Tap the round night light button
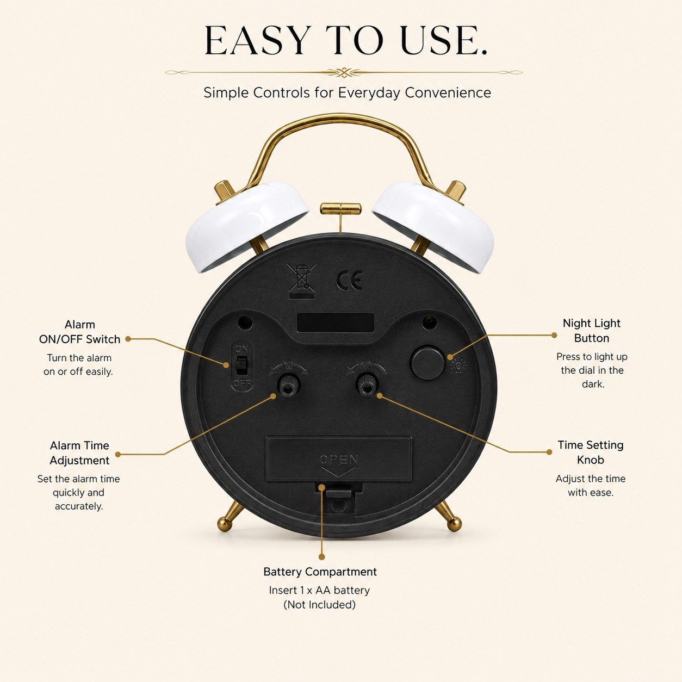[x=427, y=363]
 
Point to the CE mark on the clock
[x=349, y=281]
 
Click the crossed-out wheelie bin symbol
[x=301, y=281]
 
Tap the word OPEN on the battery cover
[x=339, y=460]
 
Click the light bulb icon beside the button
[x=458, y=364]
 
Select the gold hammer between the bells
[x=340, y=209]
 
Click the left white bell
[x=246, y=226]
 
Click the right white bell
[x=433, y=226]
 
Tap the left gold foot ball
[x=225, y=523]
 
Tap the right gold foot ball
[x=455, y=523]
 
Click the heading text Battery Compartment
[x=320, y=572]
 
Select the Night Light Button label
[x=591, y=331]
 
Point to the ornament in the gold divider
[x=343, y=72]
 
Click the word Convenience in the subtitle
[x=448, y=92]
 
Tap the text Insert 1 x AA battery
[x=319, y=590]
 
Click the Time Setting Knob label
[x=590, y=452]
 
